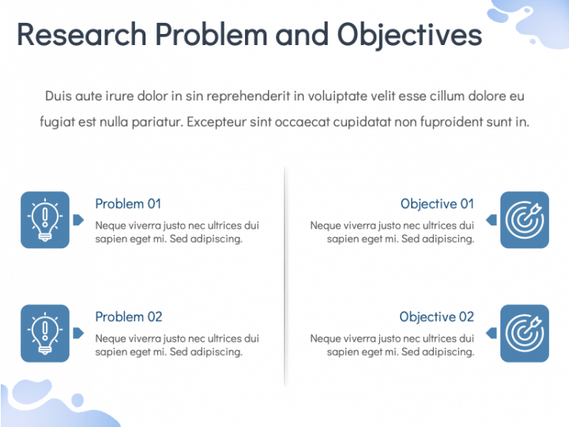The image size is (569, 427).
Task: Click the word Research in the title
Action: click(81, 35)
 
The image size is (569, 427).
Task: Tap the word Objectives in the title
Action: click(409, 35)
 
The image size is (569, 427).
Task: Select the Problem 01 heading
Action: click(128, 204)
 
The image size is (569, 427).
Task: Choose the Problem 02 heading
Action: click(128, 317)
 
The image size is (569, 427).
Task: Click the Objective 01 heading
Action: click(437, 204)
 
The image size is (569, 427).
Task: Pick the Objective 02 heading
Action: click(436, 317)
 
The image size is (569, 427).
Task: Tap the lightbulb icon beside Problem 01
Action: click(45, 220)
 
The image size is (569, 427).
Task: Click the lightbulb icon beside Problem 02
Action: click(45, 333)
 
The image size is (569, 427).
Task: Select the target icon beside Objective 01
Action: click(524, 220)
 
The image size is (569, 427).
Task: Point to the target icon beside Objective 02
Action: click(524, 333)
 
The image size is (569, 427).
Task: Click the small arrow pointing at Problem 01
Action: click(78, 220)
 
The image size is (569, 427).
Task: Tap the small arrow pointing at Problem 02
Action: click(78, 333)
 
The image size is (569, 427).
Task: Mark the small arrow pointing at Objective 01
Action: click(492, 220)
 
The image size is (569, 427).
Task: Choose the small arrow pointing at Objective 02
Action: click(492, 333)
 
